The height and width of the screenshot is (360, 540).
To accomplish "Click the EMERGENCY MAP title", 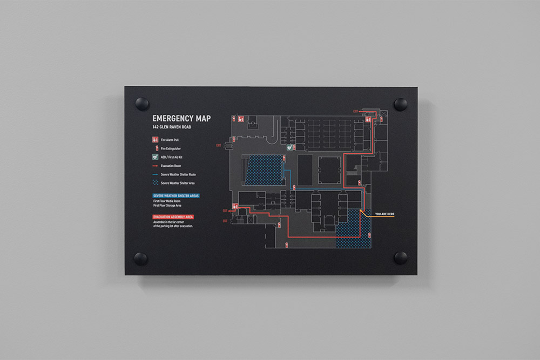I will click(x=181, y=118).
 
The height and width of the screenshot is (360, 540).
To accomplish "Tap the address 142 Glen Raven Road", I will click(x=172, y=127).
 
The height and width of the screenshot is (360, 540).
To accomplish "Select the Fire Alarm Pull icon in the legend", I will click(x=155, y=140).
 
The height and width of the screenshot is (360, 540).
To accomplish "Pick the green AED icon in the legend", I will click(x=155, y=157).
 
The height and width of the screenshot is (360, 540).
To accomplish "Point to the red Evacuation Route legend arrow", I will click(x=155, y=166).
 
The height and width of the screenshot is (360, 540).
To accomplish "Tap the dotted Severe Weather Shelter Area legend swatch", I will click(x=155, y=183).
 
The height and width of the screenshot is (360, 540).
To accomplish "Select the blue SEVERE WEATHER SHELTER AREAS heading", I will click(x=175, y=195).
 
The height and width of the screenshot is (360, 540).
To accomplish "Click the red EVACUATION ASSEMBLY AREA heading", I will click(x=173, y=217).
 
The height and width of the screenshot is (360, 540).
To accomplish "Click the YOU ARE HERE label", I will click(x=384, y=214).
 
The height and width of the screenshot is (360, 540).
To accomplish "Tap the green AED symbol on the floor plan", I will click(x=290, y=146).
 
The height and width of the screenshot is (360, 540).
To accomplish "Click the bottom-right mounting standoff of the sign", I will click(x=400, y=257).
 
